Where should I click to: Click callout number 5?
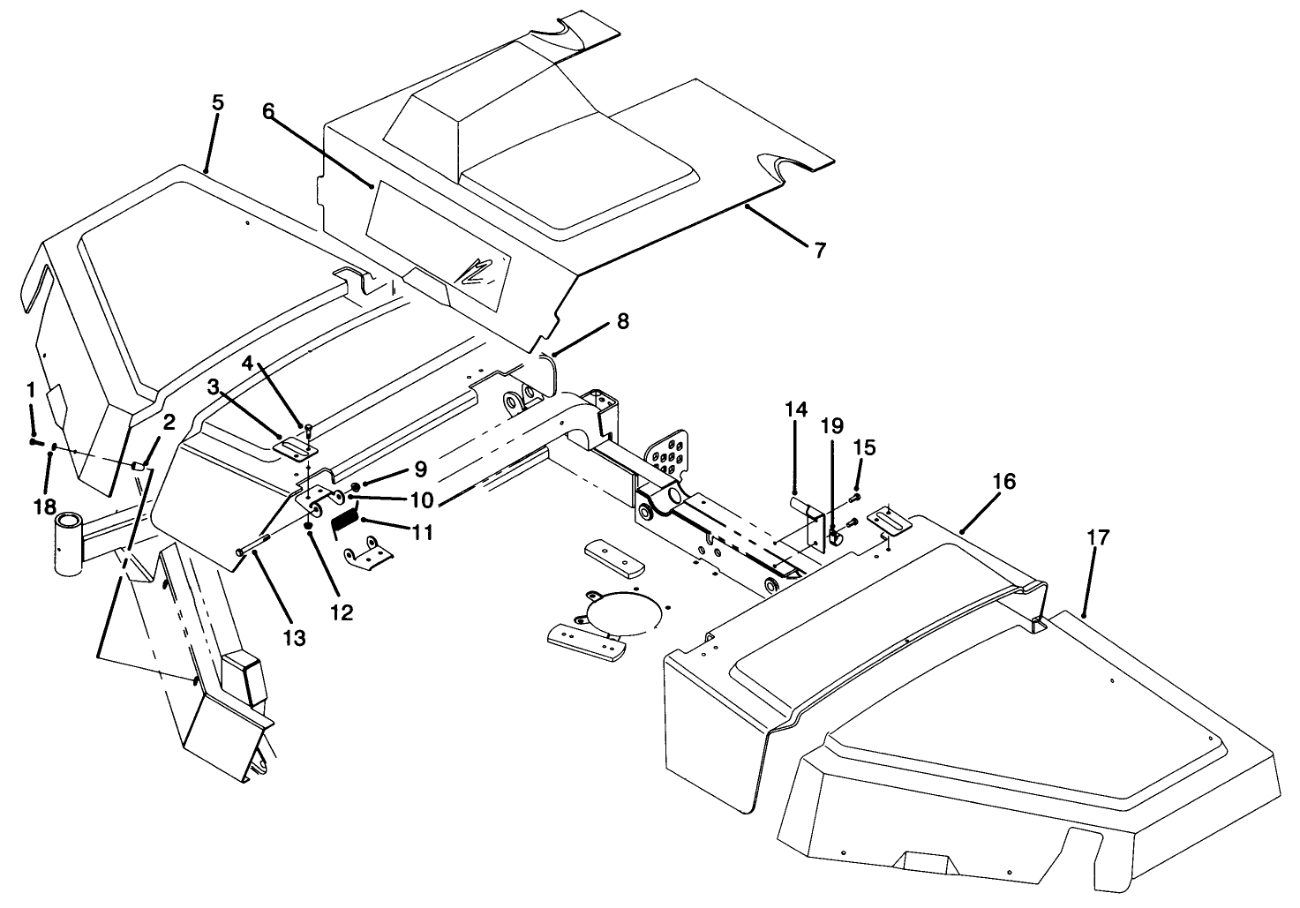(217, 102)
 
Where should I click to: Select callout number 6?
(268, 111)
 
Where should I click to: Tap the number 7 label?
(819, 251)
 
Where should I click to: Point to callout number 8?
(623, 321)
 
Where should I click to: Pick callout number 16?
(1003, 481)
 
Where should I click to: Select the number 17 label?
(1098, 537)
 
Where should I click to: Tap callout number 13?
(294, 637)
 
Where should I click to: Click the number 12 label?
(342, 612)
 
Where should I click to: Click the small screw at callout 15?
(853, 499)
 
